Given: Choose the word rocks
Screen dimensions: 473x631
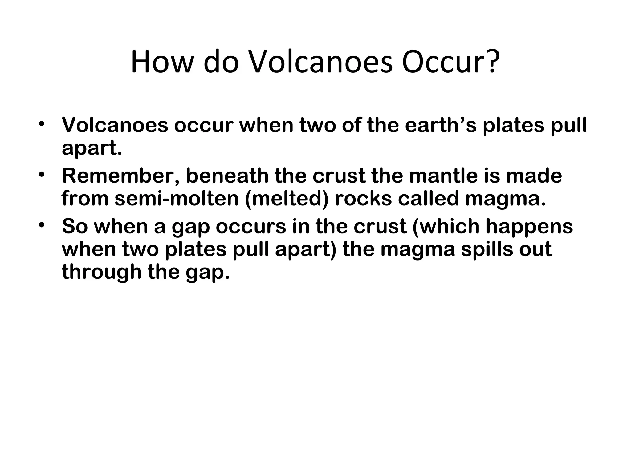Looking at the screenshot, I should tap(363, 199).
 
